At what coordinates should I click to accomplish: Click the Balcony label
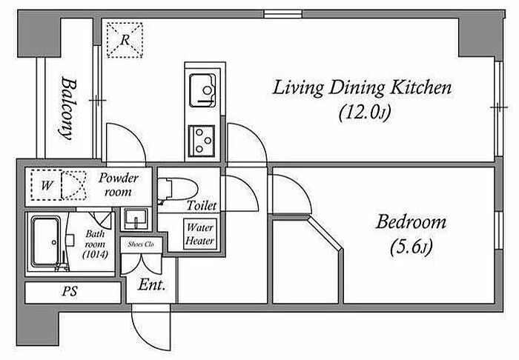(x=68, y=108)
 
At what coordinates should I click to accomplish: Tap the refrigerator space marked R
(x=125, y=40)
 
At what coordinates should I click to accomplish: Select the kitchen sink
(x=202, y=90)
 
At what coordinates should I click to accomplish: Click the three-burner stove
(x=201, y=141)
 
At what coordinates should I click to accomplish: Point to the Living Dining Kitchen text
(x=362, y=88)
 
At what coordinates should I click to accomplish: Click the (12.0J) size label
(x=365, y=113)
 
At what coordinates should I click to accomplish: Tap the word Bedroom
(x=411, y=222)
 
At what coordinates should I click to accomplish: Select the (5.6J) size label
(x=411, y=248)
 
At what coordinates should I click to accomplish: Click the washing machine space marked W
(x=46, y=185)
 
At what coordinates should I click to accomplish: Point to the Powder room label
(x=118, y=184)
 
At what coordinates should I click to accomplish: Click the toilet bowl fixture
(x=176, y=190)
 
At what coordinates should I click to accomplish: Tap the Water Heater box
(x=200, y=234)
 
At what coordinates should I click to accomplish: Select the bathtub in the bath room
(x=46, y=241)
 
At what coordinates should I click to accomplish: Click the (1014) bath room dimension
(x=96, y=255)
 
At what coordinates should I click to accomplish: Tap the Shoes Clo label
(x=141, y=244)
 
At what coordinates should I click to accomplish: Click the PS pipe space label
(x=70, y=292)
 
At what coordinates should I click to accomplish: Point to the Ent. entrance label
(x=151, y=285)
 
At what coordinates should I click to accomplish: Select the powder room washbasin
(x=136, y=219)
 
